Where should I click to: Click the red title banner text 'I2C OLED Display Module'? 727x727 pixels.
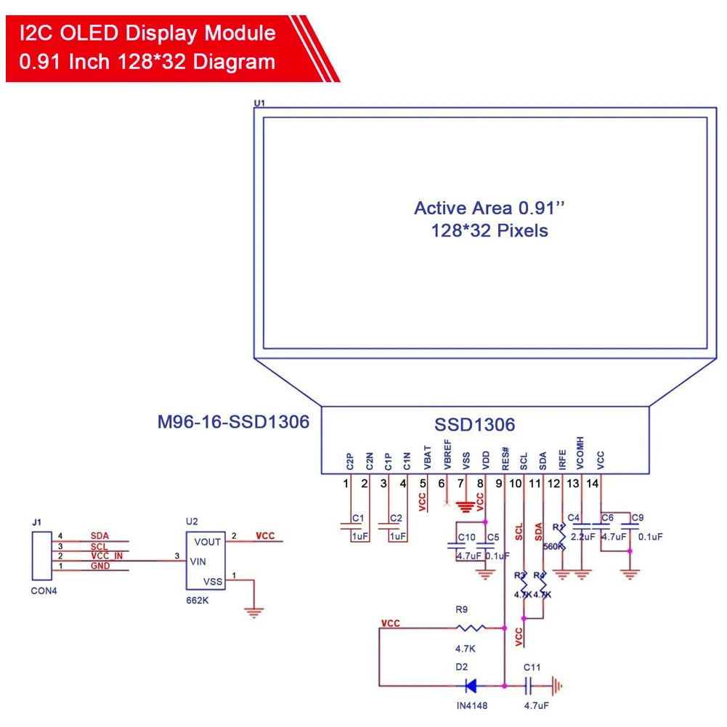[x=147, y=33]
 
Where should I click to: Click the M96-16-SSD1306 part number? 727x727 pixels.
[x=233, y=422]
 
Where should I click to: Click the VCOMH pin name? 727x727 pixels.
[x=580, y=451]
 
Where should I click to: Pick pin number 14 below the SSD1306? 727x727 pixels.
[x=593, y=484]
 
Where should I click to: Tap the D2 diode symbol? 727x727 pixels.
[x=470, y=684]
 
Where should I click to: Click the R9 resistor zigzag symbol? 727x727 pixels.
[x=470, y=628]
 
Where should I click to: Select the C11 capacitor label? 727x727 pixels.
[x=532, y=667]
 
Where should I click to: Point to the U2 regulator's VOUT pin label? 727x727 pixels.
[x=208, y=542]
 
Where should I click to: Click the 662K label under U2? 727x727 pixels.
[x=197, y=601]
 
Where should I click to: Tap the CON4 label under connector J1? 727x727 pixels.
[x=44, y=590]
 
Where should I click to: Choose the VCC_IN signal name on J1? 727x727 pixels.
[x=106, y=556]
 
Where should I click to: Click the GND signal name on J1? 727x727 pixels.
[x=99, y=566]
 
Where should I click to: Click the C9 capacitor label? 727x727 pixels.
[x=637, y=518]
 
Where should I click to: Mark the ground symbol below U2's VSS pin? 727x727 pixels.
[x=253, y=612]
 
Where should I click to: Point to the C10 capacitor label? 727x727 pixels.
[x=466, y=538]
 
